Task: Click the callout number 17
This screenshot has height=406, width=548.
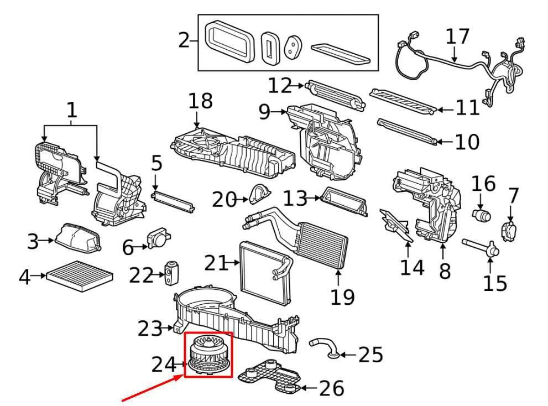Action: [457, 37]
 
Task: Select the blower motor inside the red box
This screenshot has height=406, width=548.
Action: [208, 355]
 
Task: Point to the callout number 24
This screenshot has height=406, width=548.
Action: [164, 365]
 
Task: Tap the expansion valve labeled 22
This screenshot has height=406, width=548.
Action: [169, 274]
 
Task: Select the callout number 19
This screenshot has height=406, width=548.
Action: [342, 296]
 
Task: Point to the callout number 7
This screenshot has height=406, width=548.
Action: [514, 195]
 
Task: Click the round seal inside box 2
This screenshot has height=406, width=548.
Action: [291, 47]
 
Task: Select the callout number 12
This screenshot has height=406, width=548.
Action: [280, 86]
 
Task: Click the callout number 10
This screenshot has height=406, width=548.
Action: [467, 142]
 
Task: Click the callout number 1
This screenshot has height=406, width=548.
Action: [71, 110]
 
